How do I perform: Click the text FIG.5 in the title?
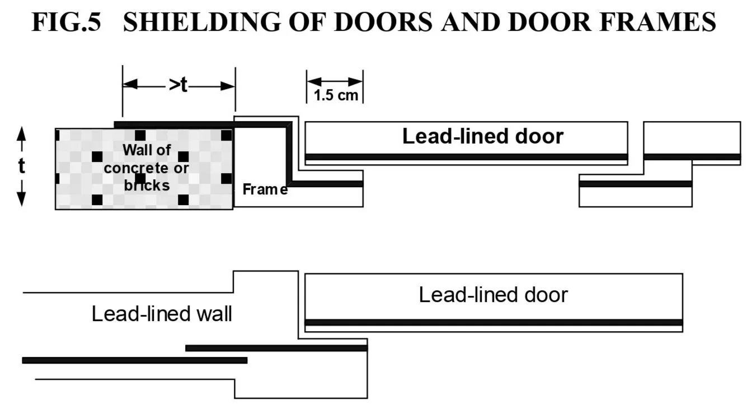66,22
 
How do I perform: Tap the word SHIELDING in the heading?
202,22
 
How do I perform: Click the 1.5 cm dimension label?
336,95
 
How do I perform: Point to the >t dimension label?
178,85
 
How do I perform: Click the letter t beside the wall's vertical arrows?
21,166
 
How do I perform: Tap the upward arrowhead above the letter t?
21,133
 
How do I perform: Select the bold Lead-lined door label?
483,136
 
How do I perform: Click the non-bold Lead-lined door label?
493,295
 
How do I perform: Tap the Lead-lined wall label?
162,314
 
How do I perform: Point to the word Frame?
265,189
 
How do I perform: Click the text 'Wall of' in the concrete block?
147,150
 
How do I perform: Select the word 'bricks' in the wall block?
147,185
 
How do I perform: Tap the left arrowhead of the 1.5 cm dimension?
314,82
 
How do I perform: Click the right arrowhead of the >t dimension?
228,86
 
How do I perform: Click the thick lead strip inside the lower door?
493,323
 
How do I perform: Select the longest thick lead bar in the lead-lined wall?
135,360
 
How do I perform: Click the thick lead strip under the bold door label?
466,157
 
